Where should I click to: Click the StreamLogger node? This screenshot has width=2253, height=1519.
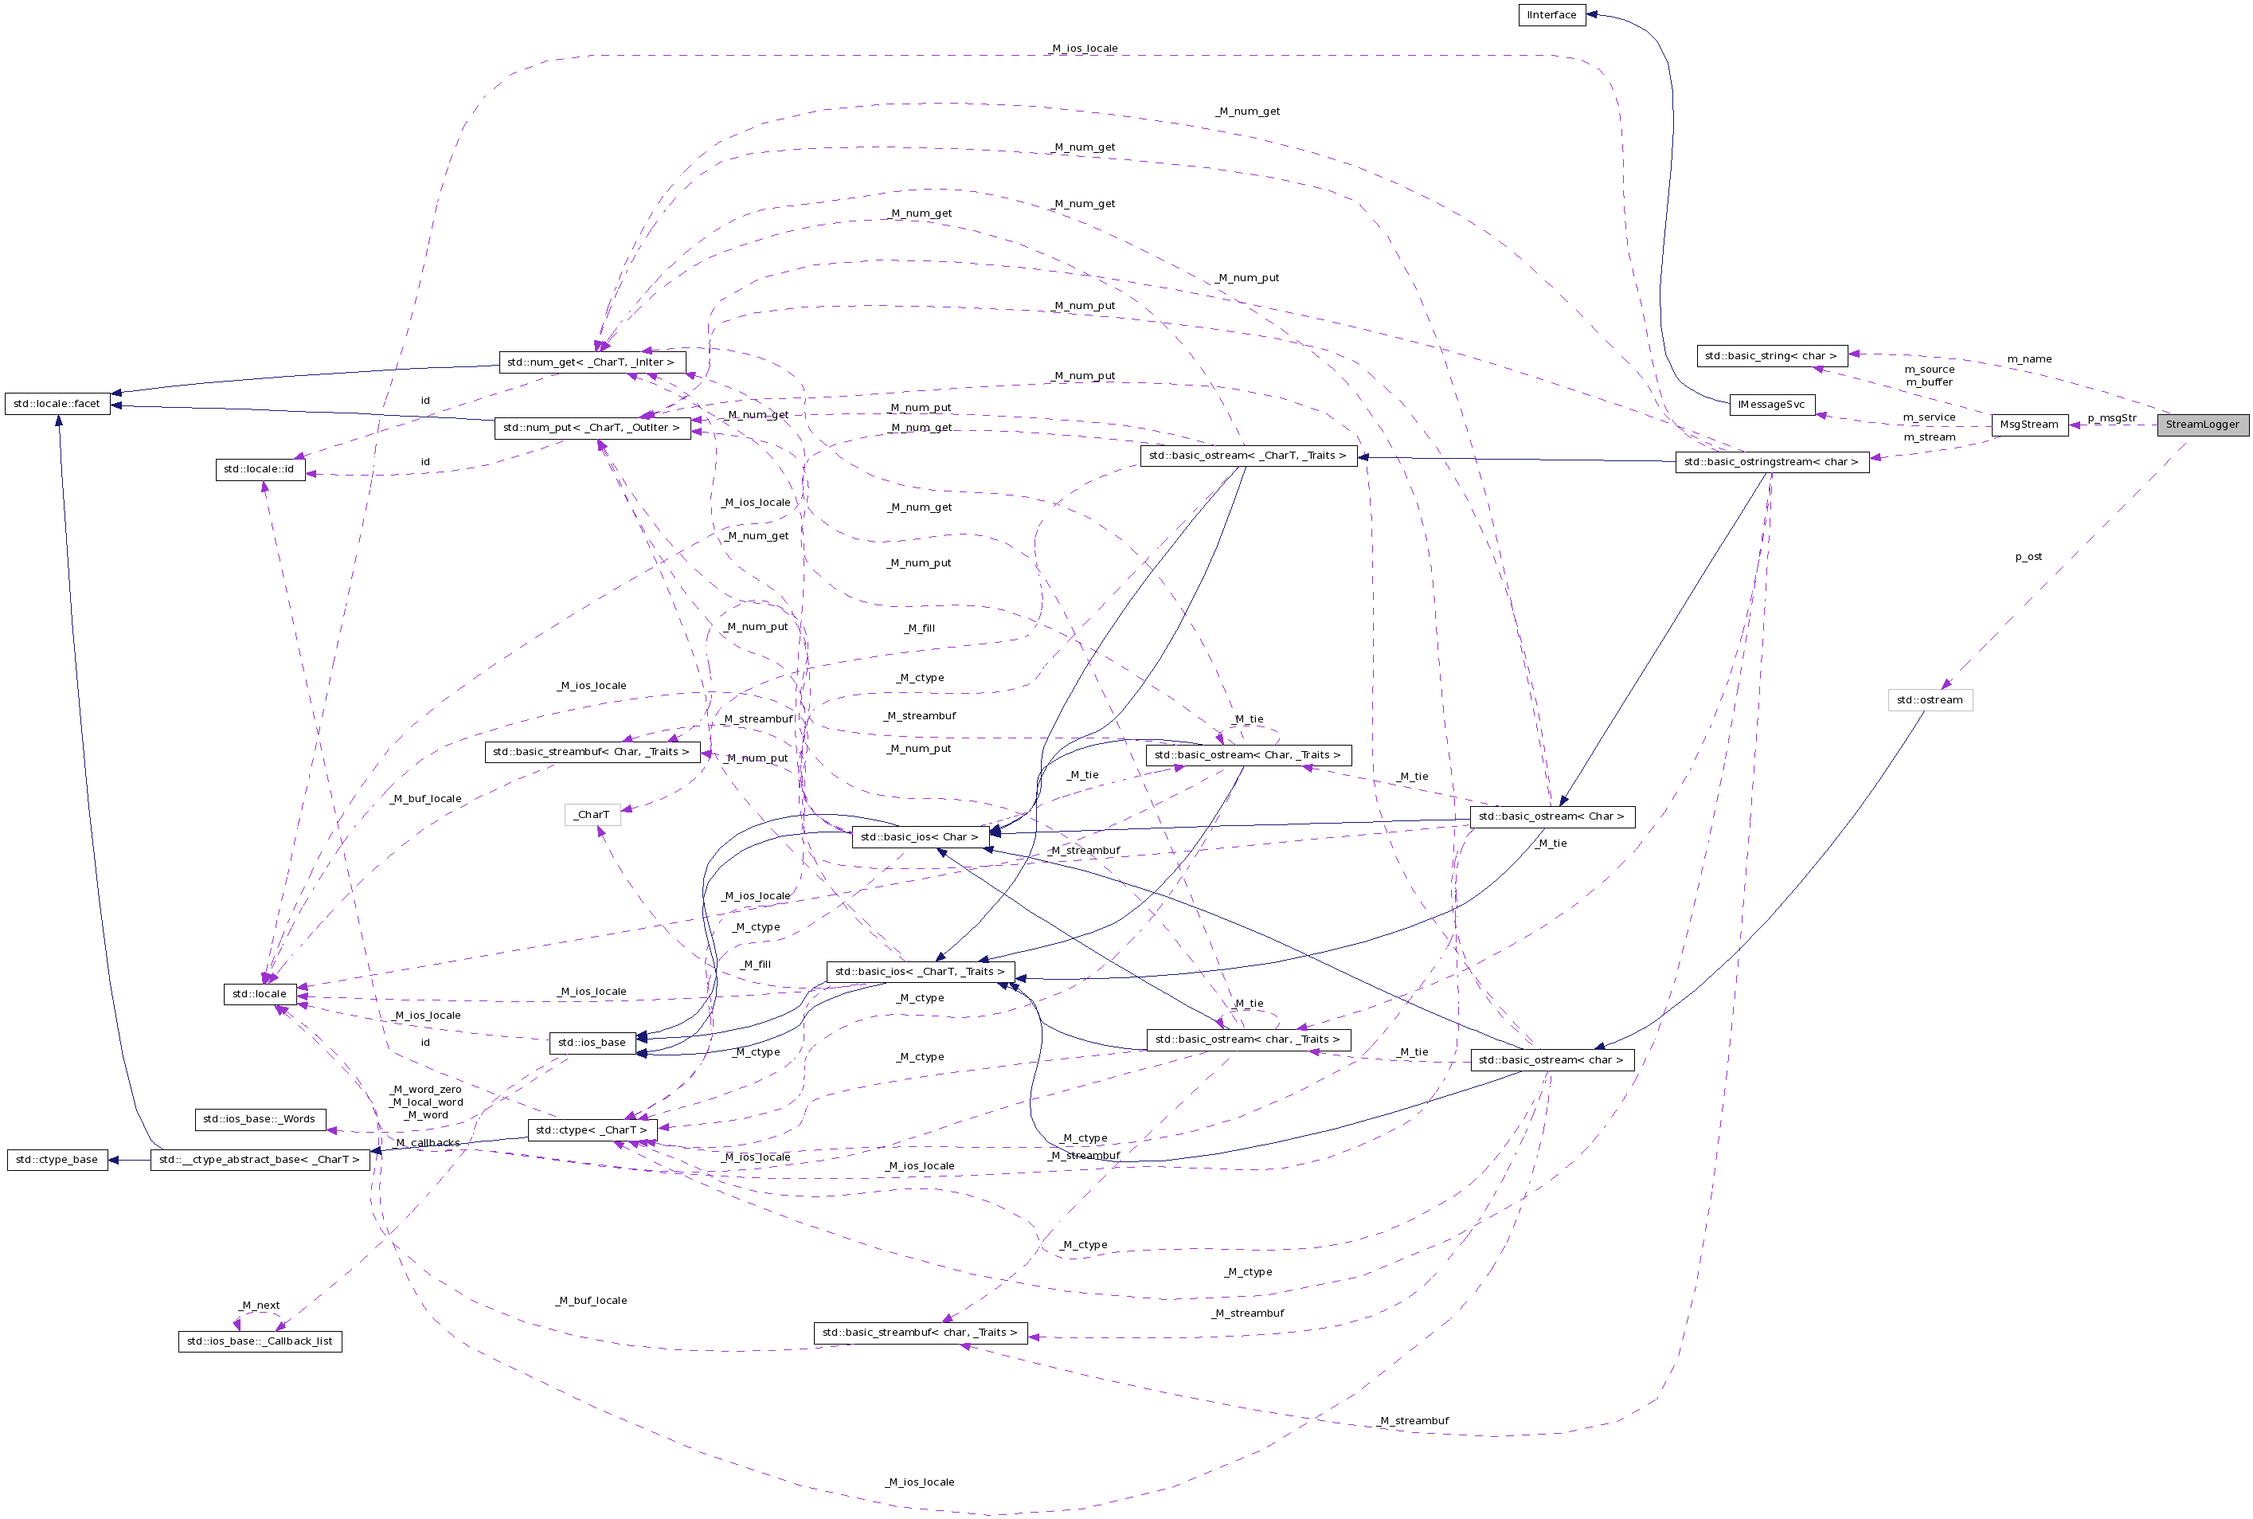point(2202,425)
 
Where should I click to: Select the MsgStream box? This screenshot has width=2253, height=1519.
point(2028,425)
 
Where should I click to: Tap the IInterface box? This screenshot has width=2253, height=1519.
point(1551,14)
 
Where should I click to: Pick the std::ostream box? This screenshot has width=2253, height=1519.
point(1929,699)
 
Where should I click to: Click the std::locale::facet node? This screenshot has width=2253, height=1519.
point(57,403)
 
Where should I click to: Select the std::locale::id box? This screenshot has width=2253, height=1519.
point(259,469)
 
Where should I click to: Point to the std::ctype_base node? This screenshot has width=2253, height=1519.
point(57,1160)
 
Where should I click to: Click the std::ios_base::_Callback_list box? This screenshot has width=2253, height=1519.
point(259,1341)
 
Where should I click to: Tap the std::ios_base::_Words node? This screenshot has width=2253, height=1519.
point(259,1119)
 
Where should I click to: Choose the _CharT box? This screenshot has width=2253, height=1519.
point(591,815)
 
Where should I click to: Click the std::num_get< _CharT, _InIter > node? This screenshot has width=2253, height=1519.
point(591,362)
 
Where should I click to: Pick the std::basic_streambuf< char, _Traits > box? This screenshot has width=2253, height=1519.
point(919,1332)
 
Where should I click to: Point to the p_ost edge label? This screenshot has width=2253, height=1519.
point(2028,557)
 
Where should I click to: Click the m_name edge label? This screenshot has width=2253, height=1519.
point(2028,359)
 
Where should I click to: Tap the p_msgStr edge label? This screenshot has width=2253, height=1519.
point(2111,418)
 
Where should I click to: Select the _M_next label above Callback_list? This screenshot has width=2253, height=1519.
point(259,1305)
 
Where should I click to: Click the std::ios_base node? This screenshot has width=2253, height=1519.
point(591,1043)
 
